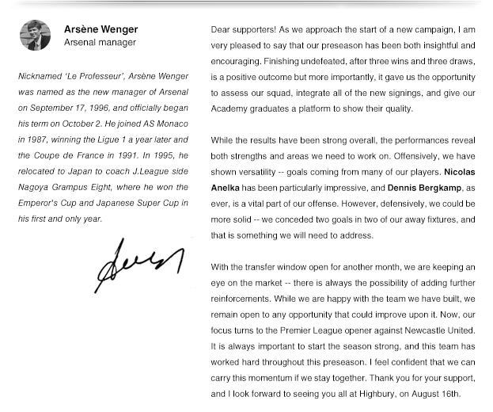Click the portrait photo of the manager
point(35,36)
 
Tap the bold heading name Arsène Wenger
point(100,29)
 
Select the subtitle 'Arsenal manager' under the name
point(100,43)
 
